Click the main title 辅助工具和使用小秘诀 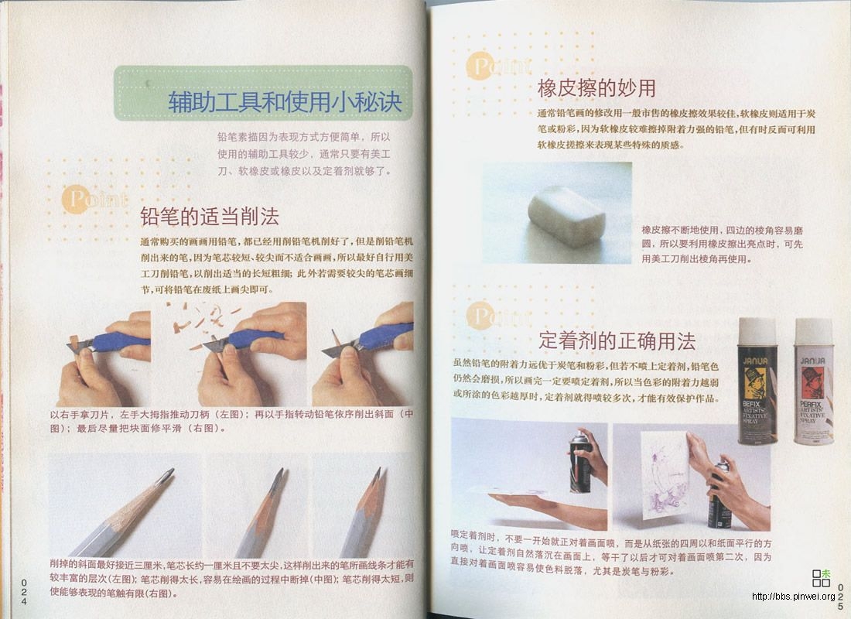click(285, 101)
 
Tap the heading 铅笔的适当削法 click(209, 215)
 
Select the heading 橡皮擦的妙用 click(596, 88)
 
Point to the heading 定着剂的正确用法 click(617, 340)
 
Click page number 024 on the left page click(24, 591)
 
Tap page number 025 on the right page click(839, 596)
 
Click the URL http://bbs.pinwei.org click(793, 597)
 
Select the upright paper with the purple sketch click(658, 472)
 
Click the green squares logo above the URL click(821, 577)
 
